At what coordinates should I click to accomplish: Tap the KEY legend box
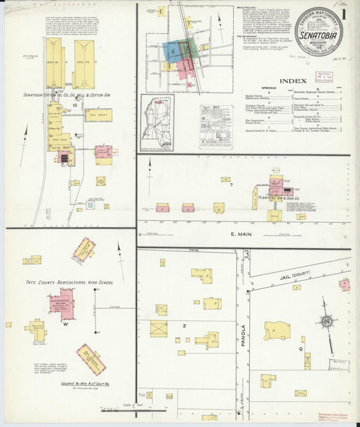point(215,126)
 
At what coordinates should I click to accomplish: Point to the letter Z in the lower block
point(184,325)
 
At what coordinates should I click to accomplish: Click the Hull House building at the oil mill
point(97,116)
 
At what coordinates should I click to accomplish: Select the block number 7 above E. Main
point(230,184)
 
